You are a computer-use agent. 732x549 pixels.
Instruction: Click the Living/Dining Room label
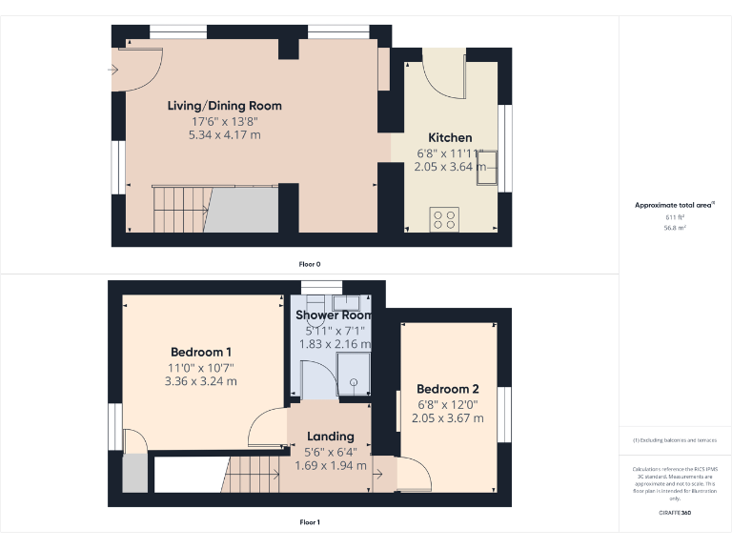tap(224, 106)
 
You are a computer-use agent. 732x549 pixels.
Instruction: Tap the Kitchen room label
tap(450, 137)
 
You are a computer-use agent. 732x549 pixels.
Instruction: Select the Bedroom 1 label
tap(202, 352)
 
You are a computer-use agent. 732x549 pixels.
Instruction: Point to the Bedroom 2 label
tap(447, 389)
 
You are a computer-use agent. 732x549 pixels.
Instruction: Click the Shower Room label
tap(333, 315)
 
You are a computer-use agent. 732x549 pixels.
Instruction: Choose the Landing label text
tap(330, 437)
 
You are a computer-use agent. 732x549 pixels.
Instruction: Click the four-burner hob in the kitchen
tap(445, 219)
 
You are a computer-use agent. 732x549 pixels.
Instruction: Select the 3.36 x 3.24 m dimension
tap(202, 381)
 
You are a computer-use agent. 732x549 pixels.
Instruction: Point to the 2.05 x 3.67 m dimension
tap(447, 418)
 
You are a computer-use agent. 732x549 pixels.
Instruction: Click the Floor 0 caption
tap(310, 263)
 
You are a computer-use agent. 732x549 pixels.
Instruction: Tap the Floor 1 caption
tap(310, 522)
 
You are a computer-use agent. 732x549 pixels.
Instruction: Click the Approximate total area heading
tap(674, 205)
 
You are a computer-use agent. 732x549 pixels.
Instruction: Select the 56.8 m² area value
tap(675, 228)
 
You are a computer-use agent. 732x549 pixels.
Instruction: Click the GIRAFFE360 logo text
tap(674, 514)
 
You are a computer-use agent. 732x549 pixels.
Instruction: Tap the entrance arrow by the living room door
tap(114, 69)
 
